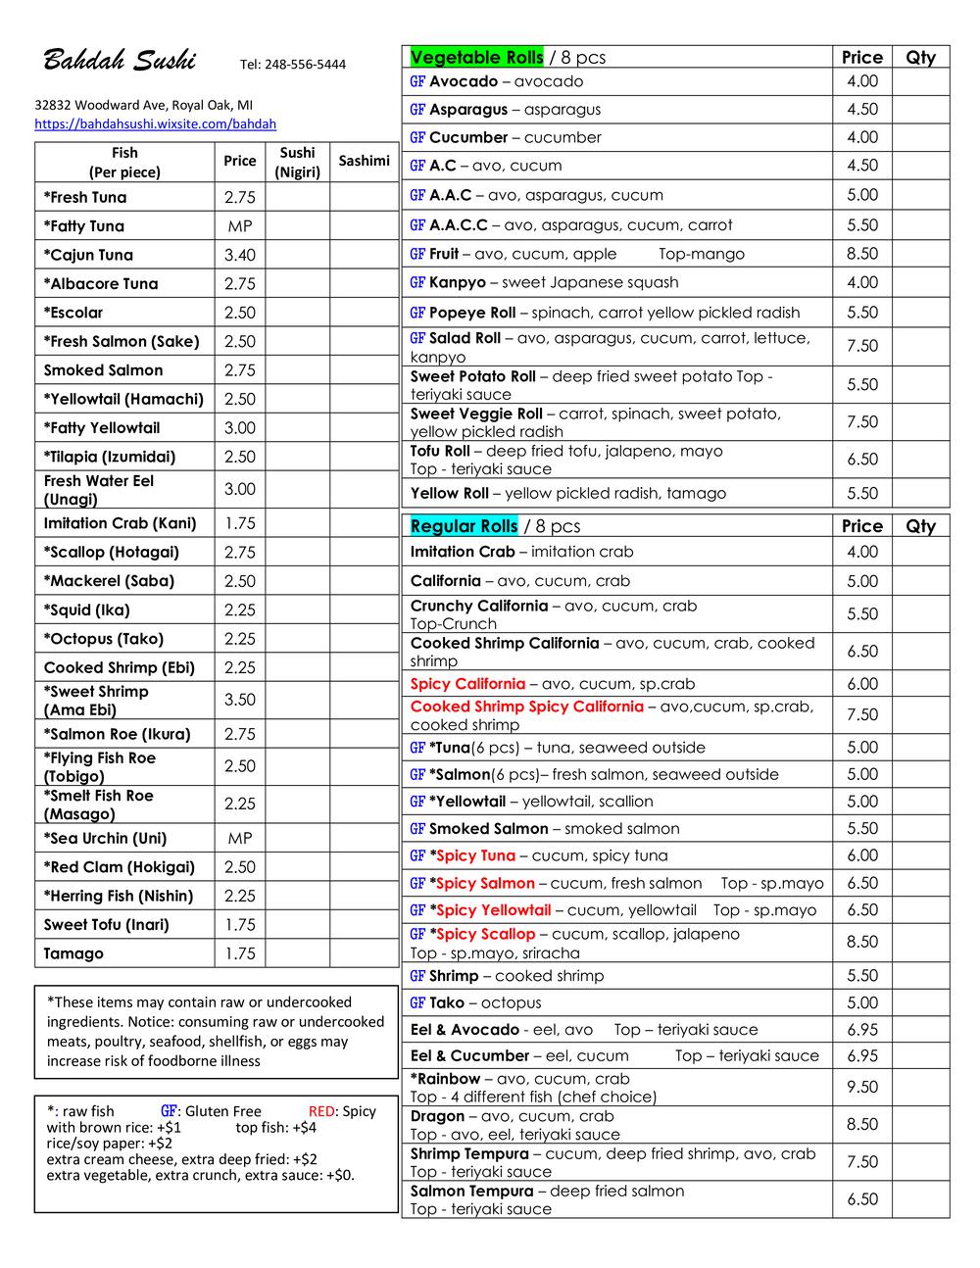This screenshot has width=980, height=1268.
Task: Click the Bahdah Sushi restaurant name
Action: click(119, 61)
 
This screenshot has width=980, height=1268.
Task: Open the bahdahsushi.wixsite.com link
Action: click(155, 124)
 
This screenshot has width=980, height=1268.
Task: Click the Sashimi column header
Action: click(364, 161)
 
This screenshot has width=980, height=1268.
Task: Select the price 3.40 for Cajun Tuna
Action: click(239, 255)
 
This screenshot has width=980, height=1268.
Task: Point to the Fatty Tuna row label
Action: click(84, 226)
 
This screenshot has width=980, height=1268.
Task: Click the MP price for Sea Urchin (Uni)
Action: click(239, 838)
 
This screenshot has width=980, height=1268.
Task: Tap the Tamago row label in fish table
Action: click(73, 953)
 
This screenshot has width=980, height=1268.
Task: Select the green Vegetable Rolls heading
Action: click(476, 57)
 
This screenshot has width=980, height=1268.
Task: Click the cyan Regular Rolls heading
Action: click(464, 526)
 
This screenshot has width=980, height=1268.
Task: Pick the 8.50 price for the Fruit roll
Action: click(862, 254)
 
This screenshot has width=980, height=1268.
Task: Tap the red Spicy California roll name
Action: click(467, 684)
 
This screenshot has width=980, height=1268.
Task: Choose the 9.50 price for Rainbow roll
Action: click(862, 1087)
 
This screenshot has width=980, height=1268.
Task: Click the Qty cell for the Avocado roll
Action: click(920, 81)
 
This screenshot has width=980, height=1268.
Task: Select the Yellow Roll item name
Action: click(449, 493)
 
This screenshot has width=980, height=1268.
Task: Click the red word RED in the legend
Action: click(322, 1111)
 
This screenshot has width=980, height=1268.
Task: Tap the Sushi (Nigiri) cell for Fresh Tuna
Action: click(297, 197)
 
